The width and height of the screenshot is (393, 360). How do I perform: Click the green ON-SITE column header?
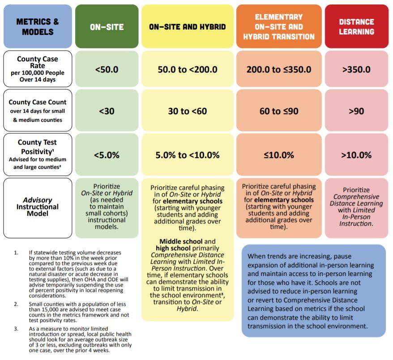pyautogui.click(x=107, y=27)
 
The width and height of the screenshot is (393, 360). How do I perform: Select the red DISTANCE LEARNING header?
pyautogui.click(x=356, y=26)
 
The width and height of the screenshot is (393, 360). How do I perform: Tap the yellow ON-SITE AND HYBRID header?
pyautogui.click(x=187, y=27)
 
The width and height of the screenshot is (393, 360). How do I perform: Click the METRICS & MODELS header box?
pyautogui.click(x=37, y=26)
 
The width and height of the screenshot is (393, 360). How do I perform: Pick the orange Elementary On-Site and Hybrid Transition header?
pyautogui.click(x=278, y=26)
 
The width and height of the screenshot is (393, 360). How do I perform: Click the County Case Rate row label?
pyautogui.click(x=37, y=69)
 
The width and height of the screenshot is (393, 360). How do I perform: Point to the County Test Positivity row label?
pyautogui.click(x=37, y=154)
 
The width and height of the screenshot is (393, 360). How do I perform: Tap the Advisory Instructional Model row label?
pyautogui.click(x=37, y=207)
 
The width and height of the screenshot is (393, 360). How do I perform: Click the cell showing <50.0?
pyautogui.click(x=107, y=69)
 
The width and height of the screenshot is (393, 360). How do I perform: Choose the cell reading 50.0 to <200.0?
pyautogui.click(x=187, y=69)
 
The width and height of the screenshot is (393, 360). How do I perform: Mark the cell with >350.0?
pyautogui.click(x=356, y=69)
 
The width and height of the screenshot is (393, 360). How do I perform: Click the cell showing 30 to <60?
pyautogui.click(x=187, y=111)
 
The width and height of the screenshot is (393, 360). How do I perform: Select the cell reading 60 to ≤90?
pyautogui.click(x=278, y=111)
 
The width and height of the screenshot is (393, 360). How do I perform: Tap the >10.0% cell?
pyautogui.click(x=356, y=155)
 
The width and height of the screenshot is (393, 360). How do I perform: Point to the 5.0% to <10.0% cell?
pyautogui.click(x=187, y=155)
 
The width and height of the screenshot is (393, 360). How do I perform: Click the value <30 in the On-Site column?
pyautogui.click(x=107, y=111)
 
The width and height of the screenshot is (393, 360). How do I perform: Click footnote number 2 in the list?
pyautogui.click(x=16, y=304)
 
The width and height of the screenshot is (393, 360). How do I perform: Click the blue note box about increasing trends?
pyautogui.click(x=313, y=291)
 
